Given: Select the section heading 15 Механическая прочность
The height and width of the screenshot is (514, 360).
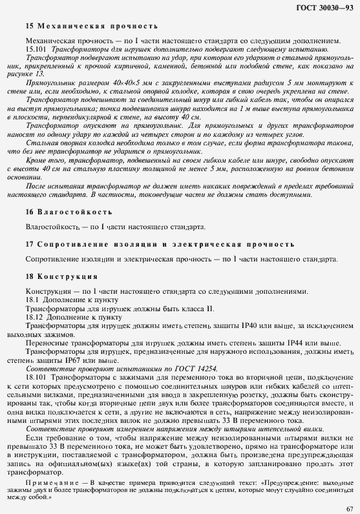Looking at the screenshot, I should (x=91, y=26).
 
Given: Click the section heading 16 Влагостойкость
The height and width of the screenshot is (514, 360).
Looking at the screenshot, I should (x=69, y=211).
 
